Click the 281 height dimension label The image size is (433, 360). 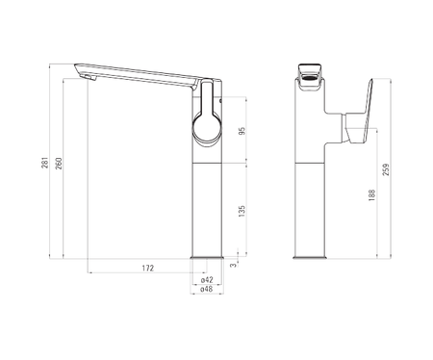(x=45, y=163)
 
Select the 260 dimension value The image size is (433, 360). (x=59, y=164)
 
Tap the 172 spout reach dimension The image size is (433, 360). (x=148, y=268)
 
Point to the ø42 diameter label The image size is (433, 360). (x=207, y=280)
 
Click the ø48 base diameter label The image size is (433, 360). (x=207, y=289)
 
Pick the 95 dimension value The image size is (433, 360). (x=242, y=131)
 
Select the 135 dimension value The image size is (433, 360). (x=242, y=211)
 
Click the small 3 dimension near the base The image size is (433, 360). (x=234, y=265)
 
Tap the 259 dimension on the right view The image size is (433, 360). (x=386, y=169)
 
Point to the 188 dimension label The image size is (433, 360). (x=372, y=195)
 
